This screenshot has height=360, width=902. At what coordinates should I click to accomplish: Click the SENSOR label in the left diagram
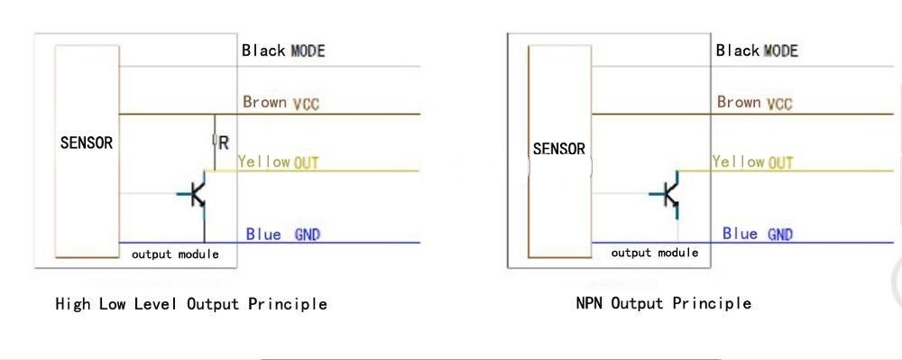[x=87, y=143]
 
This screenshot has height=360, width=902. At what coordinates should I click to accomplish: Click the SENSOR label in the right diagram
[x=559, y=148]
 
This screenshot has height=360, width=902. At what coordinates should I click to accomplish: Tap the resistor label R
[x=224, y=142]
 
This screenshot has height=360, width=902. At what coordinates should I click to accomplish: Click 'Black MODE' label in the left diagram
[x=283, y=51]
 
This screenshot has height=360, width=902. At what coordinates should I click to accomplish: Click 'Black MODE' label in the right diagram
[x=757, y=51]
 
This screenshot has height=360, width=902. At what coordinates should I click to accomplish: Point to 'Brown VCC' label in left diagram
[x=281, y=103]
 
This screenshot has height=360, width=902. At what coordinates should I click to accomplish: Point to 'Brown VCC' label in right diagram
[x=755, y=103]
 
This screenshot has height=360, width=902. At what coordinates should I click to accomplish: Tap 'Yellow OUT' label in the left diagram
[x=279, y=162]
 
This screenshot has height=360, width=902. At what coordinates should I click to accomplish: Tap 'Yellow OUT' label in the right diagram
[x=753, y=162]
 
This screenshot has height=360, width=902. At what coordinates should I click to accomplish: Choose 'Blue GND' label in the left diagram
[x=283, y=234]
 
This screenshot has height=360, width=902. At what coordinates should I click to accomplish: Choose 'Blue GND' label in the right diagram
[x=758, y=234]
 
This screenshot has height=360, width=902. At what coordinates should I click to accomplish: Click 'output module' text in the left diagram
[x=175, y=254]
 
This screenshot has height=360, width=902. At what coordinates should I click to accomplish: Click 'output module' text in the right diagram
[x=655, y=253]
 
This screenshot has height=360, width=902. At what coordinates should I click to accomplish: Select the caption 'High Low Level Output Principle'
[x=191, y=304]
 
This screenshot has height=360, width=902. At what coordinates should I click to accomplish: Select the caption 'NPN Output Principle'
[x=664, y=302]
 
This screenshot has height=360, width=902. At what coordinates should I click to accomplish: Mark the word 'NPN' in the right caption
[x=590, y=302]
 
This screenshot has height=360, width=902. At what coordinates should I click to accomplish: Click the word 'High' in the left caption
[x=73, y=304]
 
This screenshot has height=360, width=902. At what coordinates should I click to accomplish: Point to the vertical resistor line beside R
[x=215, y=142]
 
